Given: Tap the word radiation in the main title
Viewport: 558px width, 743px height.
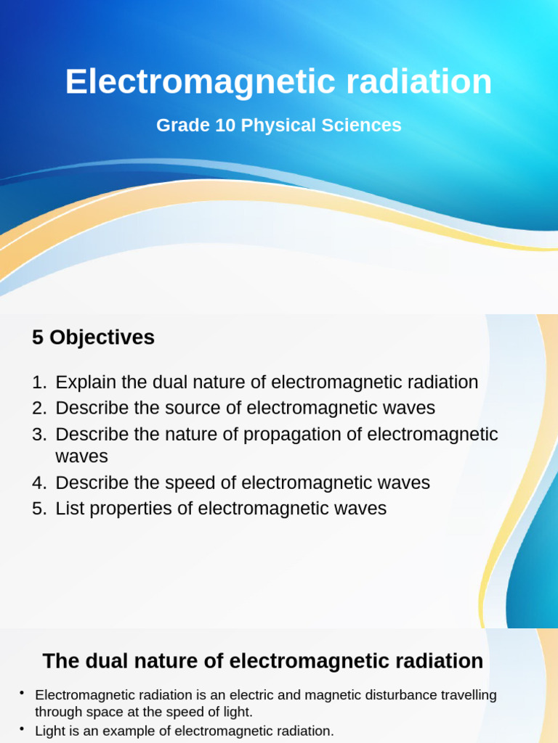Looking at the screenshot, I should point(419,82).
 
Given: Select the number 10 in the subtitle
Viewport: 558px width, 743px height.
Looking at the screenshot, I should point(222,126).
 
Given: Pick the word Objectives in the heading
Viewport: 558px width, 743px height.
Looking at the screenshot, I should point(102,337).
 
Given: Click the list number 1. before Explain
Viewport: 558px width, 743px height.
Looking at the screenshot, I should point(39,382).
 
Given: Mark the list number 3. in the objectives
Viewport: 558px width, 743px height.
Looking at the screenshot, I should point(39,435).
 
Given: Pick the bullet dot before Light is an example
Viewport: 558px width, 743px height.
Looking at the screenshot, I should point(23,729).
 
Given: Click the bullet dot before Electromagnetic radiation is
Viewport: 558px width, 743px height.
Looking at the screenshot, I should point(23,693).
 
